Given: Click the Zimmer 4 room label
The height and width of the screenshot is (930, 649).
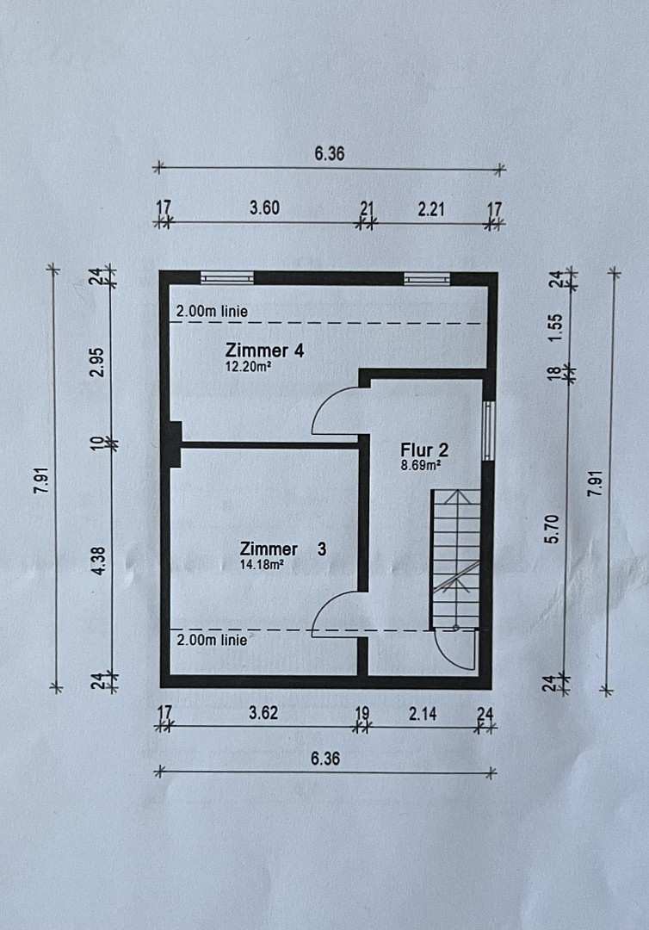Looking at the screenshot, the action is [x=264, y=350].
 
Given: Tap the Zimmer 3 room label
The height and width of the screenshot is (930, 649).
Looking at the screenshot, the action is [x=282, y=549].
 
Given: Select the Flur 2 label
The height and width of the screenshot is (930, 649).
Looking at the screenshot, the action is [x=424, y=449].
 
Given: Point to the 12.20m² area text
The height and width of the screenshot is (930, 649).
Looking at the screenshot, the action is [x=249, y=367].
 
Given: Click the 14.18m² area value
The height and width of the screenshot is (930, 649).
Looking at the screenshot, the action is [x=262, y=564].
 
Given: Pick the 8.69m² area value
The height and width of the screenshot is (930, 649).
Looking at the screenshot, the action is [x=420, y=465].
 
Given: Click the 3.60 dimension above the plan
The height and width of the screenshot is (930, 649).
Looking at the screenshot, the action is [x=264, y=208].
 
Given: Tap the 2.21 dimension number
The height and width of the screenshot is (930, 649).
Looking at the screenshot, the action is [x=431, y=209].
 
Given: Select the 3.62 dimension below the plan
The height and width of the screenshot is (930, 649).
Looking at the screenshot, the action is [x=263, y=712].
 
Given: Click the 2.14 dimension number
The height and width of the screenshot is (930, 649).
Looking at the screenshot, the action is [x=423, y=714].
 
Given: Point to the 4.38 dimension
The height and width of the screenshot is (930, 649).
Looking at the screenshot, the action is [x=100, y=561].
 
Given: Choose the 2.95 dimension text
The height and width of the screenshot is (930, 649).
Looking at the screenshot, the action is [x=98, y=362].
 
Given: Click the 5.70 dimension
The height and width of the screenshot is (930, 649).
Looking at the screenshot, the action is [x=551, y=530].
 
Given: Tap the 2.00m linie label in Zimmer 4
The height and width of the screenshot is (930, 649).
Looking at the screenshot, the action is [x=213, y=312].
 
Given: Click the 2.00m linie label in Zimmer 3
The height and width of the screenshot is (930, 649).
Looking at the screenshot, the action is [x=212, y=640].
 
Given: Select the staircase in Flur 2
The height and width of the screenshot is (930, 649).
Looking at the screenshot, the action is [x=455, y=559].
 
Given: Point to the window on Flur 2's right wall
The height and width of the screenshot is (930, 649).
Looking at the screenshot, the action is [x=488, y=431].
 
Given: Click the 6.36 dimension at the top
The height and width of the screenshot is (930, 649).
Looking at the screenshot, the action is [x=330, y=153].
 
